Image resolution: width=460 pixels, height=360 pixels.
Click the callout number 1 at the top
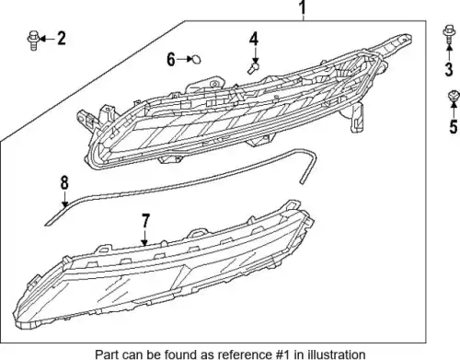pos(303,7)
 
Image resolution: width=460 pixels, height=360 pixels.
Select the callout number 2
pos(62,39)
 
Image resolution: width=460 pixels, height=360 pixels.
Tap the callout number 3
pos(449,69)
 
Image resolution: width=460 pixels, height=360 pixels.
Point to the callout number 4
pos(254,40)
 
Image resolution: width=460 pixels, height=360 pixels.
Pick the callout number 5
pos(454,126)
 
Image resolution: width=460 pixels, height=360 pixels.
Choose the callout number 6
pos(171,59)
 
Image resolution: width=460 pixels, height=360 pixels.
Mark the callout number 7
pos(145,221)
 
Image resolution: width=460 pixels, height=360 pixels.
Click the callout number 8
pos(64,182)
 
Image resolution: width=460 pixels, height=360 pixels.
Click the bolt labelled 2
pos(33,41)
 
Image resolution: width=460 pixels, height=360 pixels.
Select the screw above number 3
pos(449,34)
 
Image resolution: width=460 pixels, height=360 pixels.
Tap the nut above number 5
pos(454,96)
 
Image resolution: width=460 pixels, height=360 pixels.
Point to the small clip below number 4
pos(253,68)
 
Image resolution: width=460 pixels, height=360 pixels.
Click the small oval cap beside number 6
pos(196,59)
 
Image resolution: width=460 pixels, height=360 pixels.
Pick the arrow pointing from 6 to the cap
pos(184,59)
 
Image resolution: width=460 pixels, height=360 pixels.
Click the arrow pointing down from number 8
pos(64,199)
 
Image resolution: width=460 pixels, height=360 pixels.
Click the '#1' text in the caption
pos(281,354)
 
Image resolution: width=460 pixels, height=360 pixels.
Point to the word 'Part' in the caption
pos(106,354)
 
